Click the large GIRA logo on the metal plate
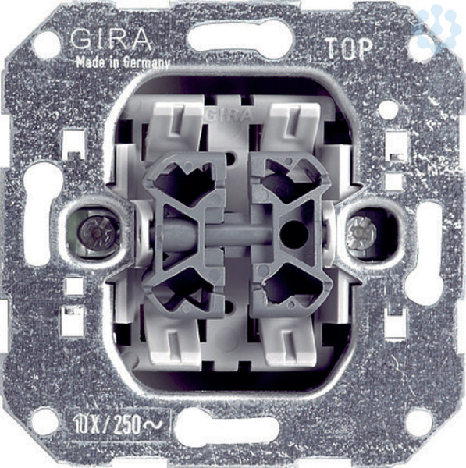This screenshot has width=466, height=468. tap(111, 40)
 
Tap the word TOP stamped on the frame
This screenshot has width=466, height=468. tap(350, 49)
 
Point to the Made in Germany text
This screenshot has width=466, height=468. tap(123, 62)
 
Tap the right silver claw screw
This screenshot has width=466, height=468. tap(362, 232)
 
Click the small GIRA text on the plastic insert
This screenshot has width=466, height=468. tap(228, 115)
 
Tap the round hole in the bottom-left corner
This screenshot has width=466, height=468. tap(45, 423)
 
